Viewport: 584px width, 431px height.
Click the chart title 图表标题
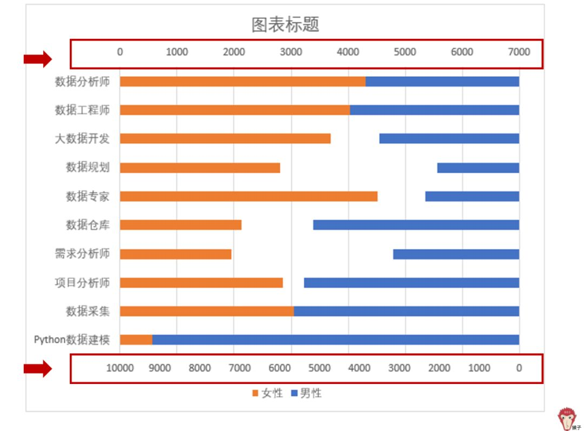tap(286, 24)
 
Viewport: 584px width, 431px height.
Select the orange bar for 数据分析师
tap(242, 82)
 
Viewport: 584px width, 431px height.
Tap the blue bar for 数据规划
tap(478, 168)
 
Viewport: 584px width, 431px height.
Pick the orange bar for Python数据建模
tap(136, 340)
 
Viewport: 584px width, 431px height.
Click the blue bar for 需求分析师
tap(456, 254)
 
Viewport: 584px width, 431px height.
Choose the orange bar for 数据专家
tap(248, 196)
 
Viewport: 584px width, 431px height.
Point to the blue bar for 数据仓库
tap(416, 225)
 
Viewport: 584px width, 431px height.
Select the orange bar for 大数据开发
tap(225, 138)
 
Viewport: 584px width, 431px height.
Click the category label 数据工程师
tap(82, 110)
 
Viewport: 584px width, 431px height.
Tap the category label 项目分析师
tap(82, 283)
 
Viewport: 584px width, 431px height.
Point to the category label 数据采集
tap(88, 311)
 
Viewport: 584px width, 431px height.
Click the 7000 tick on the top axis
tap(519, 52)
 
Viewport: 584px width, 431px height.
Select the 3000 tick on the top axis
tap(291, 52)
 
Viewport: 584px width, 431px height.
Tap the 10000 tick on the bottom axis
tap(120, 368)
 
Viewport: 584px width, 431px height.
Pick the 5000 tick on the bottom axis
tap(319, 368)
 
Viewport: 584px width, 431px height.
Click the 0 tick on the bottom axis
tap(519, 368)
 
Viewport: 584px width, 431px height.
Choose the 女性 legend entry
tap(267, 394)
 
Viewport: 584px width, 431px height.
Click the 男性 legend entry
tap(306, 394)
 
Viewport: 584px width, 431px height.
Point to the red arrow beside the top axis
tap(37, 59)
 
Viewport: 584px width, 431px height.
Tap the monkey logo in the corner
tap(567, 418)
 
